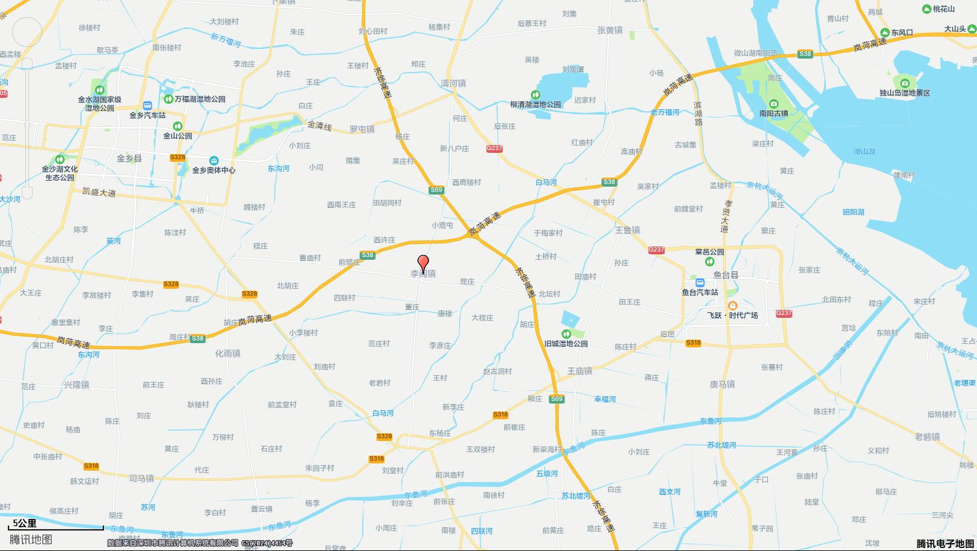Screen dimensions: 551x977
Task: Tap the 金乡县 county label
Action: tap(129, 158)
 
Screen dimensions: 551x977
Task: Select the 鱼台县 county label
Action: tap(725, 275)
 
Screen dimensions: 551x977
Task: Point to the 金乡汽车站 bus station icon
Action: tap(148, 106)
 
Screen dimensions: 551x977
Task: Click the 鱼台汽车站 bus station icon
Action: tap(700, 283)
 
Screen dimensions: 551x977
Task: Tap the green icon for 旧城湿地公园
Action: tap(566, 334)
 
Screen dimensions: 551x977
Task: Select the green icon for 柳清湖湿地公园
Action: tap(535, 95)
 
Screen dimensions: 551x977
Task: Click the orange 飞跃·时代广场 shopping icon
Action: tap(733, 306)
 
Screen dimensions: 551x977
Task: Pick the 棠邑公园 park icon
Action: tap(709, 262)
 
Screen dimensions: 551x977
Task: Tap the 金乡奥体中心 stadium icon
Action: tap(213, 161)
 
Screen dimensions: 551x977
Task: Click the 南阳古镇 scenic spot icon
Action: tap(773, 104)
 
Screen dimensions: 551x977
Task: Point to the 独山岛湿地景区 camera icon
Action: tap(904, 83)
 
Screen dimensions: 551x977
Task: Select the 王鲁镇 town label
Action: tap(628, 230)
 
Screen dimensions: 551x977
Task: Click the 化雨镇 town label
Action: tap(228, 353)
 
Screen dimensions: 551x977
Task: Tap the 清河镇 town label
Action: tap(453, 83)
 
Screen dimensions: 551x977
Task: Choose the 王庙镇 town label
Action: tap(580, 371)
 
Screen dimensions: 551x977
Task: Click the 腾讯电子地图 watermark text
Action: tap(945, 544)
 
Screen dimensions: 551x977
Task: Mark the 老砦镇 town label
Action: tap(927, 437)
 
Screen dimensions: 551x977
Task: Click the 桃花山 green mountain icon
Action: tap(926, 9)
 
